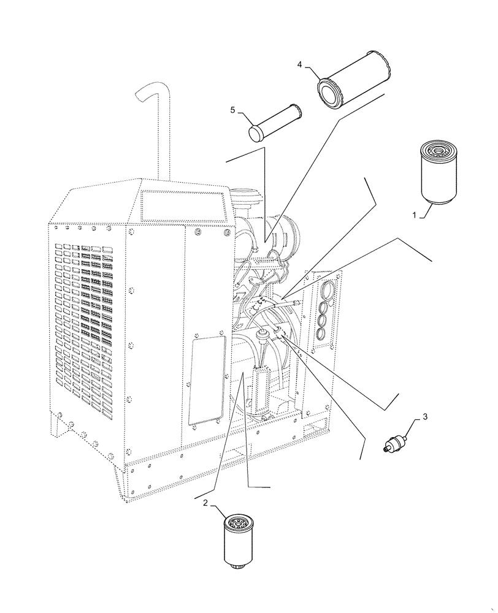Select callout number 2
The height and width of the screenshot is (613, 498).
pyautogui.click(x=205, y=503)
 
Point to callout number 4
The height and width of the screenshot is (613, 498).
pyautogui.click(x=300, y=64)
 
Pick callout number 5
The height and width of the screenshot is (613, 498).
pyautogui.click(x=233, y=110)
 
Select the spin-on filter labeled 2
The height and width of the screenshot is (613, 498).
pyautogui.click(x=240, y=540)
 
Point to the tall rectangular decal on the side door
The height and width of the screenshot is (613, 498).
pyautogui.click(x=206, y=379)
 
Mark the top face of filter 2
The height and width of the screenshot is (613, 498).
pyautogui.click(x=240, y=522)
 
